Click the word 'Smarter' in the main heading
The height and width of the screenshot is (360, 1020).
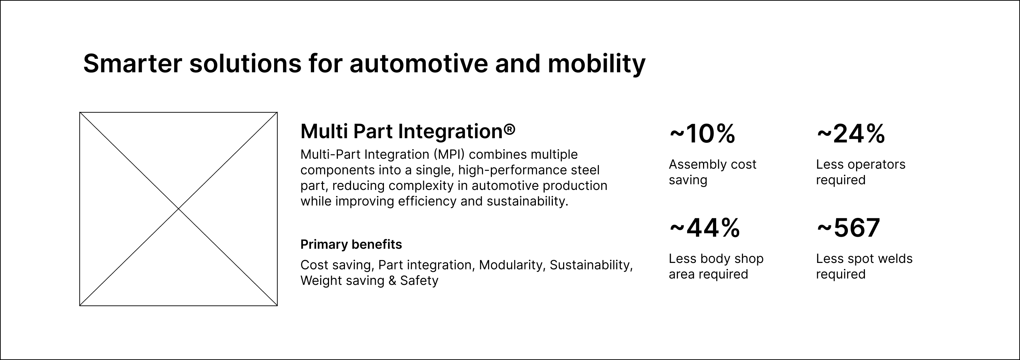pos(133,63)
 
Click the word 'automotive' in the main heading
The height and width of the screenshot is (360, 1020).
pos(419,63)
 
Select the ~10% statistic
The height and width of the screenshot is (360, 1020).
pos(702,134)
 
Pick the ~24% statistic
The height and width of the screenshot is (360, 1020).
pos(850,134)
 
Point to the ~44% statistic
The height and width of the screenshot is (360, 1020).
pos(704,228)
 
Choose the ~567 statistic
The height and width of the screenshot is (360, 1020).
pos(848,228)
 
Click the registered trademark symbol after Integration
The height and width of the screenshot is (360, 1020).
pos(510,129)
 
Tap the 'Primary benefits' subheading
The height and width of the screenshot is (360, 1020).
pos(351,244)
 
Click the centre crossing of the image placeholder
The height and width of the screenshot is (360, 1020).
pos(178,209)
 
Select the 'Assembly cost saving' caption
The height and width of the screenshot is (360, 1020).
pos(712,172)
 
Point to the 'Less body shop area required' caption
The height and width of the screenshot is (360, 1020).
pos(716,266)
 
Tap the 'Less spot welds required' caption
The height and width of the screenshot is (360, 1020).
pos(865,266)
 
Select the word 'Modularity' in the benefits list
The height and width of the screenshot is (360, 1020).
pos(511,265)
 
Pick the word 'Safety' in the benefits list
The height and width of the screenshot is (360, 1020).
pos(419,281)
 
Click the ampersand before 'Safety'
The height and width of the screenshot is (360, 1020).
pos(392,281)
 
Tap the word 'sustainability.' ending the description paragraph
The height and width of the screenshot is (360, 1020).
pos(527,202)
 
